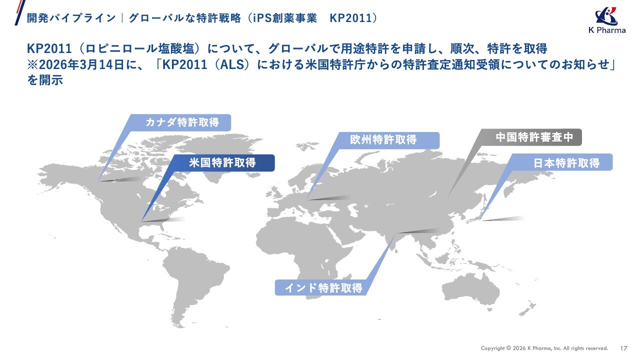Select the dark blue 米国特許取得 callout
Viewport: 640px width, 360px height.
point(222,163)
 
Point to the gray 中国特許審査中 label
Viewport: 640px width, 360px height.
point(531,137)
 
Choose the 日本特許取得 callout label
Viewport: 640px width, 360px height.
point(561,162)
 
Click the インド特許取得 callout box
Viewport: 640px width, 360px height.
point(323,287)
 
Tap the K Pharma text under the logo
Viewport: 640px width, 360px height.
point(607,30)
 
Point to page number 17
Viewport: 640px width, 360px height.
point(623,348)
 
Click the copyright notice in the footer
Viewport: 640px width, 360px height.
point(544,348)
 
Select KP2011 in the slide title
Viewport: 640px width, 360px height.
point(350,18)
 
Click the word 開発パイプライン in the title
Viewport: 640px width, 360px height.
point(71,18)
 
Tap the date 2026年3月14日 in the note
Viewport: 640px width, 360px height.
point(81,64)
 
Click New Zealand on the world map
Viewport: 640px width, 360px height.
point(527,308)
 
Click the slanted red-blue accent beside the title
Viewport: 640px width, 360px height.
point(20,12)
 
